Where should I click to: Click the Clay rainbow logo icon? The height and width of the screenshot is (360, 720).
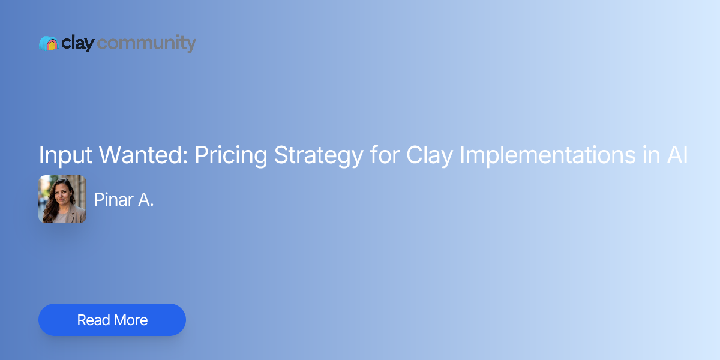coord(48,43)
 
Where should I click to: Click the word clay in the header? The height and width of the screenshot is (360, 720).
coord(77,43)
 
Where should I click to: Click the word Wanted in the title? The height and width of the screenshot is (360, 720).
coord(143,155)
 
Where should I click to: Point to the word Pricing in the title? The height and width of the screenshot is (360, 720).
coord(230,155)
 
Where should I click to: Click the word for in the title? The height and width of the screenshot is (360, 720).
coord(384,155)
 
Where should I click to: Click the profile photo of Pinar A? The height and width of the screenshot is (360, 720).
coord(62,199)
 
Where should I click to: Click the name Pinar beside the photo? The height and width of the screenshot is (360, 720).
coord(113,200)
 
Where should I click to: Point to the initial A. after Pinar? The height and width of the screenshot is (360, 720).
coord(146,200)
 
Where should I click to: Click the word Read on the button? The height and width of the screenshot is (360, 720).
coord(94,320)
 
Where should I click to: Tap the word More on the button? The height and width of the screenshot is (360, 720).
coord(131,320)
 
